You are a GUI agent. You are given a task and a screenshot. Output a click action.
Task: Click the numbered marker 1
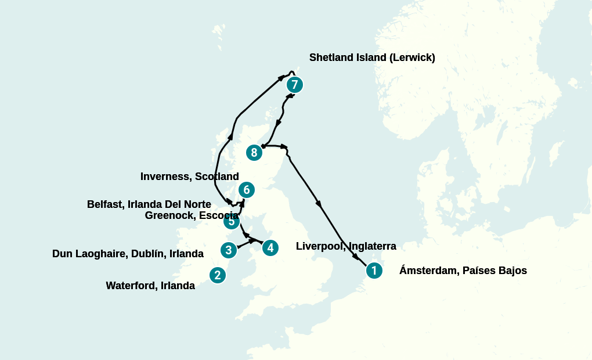coord(374,271)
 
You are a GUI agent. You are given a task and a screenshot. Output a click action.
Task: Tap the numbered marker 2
coord(217,275)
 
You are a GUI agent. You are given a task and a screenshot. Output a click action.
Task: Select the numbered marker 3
coord(229,250)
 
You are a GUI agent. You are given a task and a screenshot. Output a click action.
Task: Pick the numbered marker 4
coord(270,248)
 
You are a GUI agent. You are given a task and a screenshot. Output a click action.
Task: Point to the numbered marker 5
coord(232,221)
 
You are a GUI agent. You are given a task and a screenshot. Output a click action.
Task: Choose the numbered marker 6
coord(247,190)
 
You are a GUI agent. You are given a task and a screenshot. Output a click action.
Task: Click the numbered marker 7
coord(295,85)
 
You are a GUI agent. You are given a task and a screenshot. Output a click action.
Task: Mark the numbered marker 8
coord(254,153)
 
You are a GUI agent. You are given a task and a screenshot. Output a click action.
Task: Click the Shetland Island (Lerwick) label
coord(372,57)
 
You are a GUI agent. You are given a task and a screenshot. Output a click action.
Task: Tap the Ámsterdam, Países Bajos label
coord(463,271)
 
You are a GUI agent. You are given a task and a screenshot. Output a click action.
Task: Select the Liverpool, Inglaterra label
coord(346,246)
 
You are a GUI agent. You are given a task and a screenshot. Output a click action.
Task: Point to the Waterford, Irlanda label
coord(150,286)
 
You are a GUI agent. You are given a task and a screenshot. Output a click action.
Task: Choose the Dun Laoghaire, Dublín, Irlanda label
coord(128,254)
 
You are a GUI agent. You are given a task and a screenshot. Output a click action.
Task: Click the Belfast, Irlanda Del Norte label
coord(149,204)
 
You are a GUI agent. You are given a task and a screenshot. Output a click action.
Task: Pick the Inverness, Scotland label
coord(190,177)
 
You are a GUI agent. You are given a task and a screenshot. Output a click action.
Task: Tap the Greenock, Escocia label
coord(192,215)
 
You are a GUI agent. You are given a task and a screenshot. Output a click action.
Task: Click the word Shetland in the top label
coord(331,57)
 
